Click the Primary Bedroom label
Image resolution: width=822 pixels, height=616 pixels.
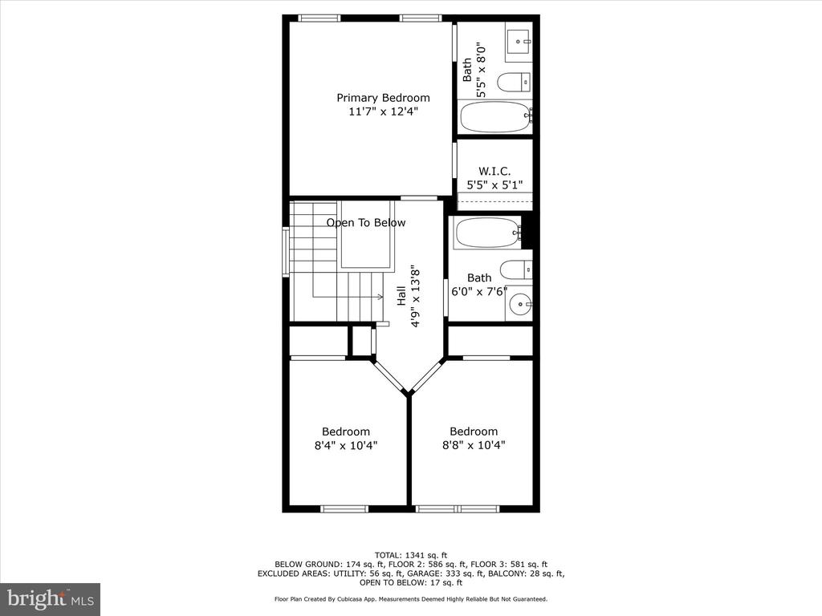pos(383,98)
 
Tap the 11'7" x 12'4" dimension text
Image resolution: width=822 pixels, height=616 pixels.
pos(383,111)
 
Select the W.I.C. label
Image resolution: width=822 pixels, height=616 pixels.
pos(494,172)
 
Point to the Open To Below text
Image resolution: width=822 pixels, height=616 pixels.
pos(366,223)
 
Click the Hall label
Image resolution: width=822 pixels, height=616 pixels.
pos(401,295)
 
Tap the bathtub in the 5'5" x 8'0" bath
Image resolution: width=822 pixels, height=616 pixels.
pos(495,117)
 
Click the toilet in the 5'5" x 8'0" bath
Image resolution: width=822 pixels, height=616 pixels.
pos(514,83)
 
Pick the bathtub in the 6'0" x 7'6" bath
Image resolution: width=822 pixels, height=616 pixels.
pos(488,232)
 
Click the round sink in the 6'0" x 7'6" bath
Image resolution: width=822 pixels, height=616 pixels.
pos(520,303)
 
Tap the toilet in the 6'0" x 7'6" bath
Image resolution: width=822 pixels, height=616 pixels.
pos(516,270)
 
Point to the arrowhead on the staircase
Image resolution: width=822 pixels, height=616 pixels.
pos(380,297)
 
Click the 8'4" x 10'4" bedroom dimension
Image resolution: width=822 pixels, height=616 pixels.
pos(346,446)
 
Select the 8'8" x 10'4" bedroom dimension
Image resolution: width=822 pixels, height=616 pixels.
pos(474,445)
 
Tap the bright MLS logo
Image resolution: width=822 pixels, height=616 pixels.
pos(51,598)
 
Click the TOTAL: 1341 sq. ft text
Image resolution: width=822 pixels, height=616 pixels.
pos(411,555)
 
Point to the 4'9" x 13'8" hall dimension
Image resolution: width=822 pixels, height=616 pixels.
pos(415,295)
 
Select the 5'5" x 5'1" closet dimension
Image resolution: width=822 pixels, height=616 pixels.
pos(494,185)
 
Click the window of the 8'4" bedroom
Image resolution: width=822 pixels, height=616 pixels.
pos(344,509)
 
